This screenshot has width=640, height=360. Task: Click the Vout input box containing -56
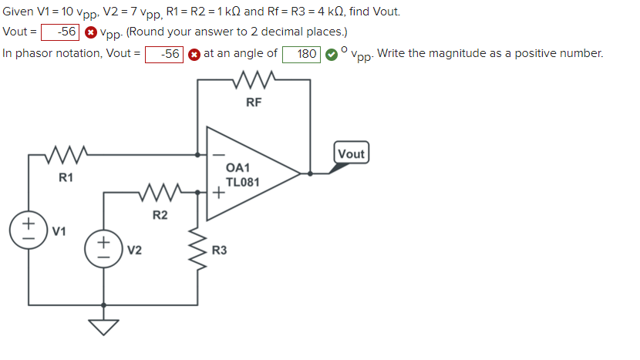tap(59, 32)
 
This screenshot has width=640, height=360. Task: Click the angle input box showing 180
tap(301, 54)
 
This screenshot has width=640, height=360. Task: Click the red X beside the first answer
tap(90, 32)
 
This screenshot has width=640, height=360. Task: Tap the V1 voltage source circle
tap(29, 230)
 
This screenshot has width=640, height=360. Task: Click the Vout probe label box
tap(351, 153)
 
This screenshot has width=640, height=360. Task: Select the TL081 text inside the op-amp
tap(242, 183)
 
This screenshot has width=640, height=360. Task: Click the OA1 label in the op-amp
tap(238, 168)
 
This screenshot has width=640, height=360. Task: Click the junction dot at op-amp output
tap(310, 174)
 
